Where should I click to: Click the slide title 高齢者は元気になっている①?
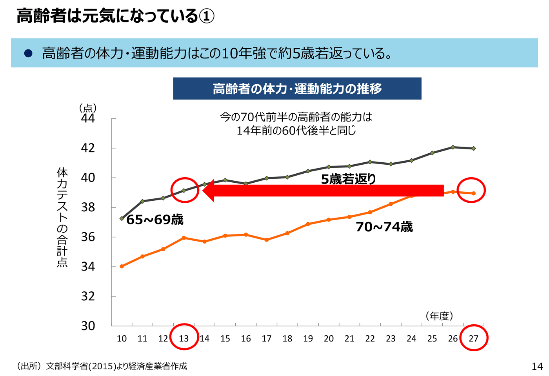point(115,16)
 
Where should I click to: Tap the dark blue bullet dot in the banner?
point(28,53)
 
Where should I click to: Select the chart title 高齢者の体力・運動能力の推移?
point(297,89)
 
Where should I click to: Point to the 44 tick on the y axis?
point(88,118)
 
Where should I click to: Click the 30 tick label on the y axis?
point(88,326)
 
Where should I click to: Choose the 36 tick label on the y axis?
point(88,237)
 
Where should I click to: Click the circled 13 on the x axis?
point(184,338)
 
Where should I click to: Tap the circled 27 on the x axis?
point(473,338)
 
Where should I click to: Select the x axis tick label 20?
point(329,338)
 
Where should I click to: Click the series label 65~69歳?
point(155,220)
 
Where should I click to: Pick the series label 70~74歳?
point(384,227)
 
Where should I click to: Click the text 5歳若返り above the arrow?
point(348,179)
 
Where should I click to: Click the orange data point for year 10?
point(122,266)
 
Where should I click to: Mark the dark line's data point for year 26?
point(453,147)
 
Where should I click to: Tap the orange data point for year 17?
point(267,240)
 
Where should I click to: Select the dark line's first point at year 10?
point(122,218)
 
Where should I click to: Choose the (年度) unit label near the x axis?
point(439,316)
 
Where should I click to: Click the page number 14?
point(537,366)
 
